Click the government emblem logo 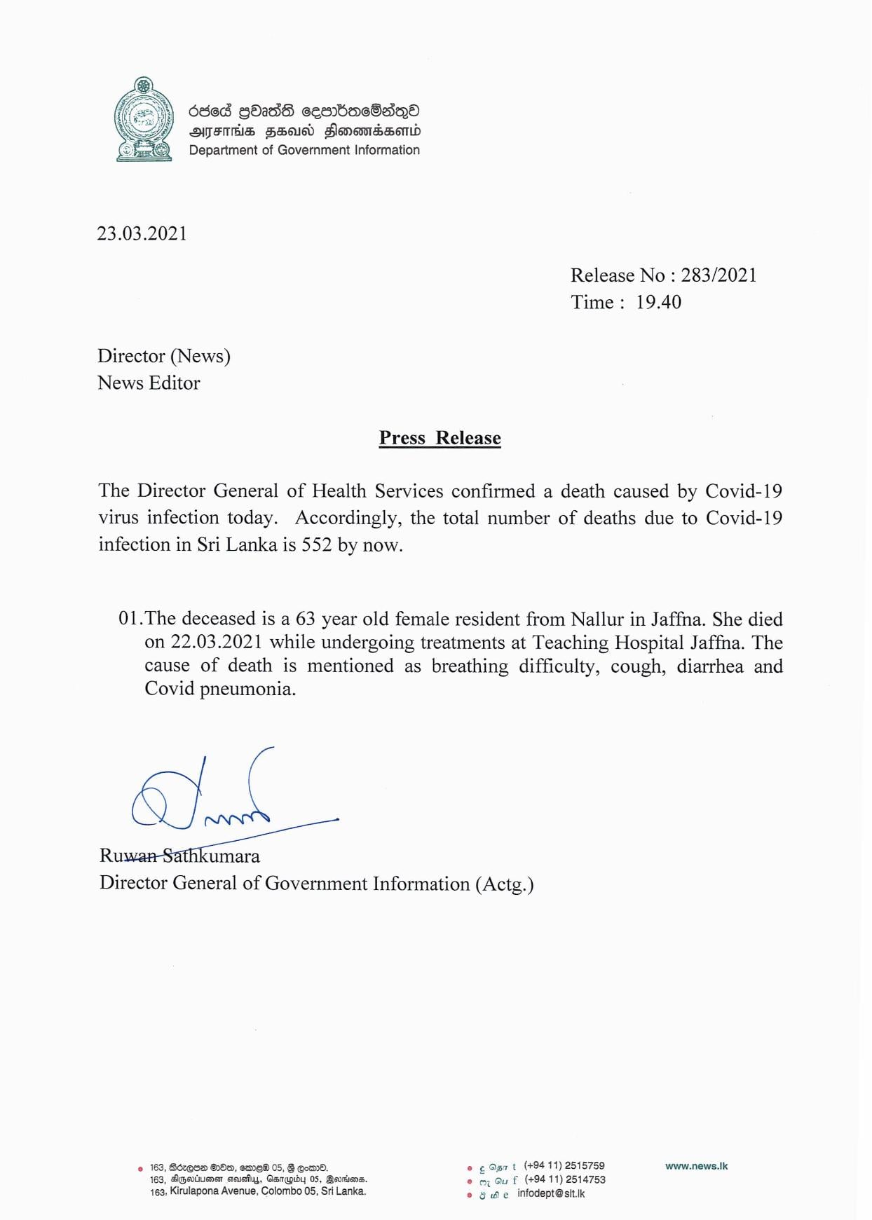pyautogui.click(x=144, y=119)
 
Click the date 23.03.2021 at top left pyautogui.click(x=142, y=233)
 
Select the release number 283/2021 pyautogui.click(x=719, y=275)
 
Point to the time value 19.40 pyautogui.click(x=658, y=303)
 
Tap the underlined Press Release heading pyautogui.click(x=440, y=438)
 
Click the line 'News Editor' pyautogui.click(x=149, y=383)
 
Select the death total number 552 pyautogui.click(x=317, y=544)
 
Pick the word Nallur pyautogui.click(x=597, y=619)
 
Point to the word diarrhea pyautogui.click(x=710, y=666)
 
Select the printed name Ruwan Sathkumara pyautogui.click(x=179, y=856)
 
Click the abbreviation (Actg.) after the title pyautogui.click(x=504, y=884)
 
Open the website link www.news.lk pyautogui.click(x=697, y=1166)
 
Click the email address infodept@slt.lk pyautogui.click(x=551, y=1193)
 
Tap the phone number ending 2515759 pyautogui.click(x=564, y=1166)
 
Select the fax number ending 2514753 pyautogui.click(x=565, y=1180)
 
